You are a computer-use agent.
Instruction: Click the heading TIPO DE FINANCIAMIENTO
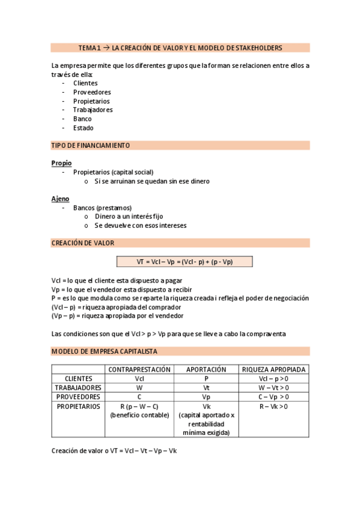click(91, 146)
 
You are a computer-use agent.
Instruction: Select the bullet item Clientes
click(85, 83)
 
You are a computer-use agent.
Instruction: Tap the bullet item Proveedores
click(92, 92)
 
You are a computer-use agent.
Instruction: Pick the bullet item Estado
click(83, 127)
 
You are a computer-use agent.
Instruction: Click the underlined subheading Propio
click(61, 163)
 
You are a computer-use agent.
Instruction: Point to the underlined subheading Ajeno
click(60, 198)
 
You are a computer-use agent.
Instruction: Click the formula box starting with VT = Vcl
click(185, 262)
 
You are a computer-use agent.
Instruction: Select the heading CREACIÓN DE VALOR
click(83, 243)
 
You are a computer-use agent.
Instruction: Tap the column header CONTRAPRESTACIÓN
click(139, 369)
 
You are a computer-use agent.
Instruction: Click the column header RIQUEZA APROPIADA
click(274, 369)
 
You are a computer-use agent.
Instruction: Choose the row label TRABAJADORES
click(78, 388)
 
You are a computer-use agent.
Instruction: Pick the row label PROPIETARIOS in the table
click(78, 407)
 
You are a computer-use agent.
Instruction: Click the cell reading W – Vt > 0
click(274, 388)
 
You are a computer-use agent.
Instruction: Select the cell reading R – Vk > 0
click(274, 407)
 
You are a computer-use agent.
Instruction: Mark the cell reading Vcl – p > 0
click(274, 379)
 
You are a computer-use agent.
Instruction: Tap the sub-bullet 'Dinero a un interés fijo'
click(128, 217)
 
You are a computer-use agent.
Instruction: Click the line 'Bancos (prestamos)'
click(102, 207)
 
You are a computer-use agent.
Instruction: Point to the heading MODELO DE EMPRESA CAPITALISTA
click(105, 351)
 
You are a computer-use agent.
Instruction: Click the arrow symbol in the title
click(106, 48)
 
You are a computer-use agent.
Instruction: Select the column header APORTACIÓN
click(206, 369)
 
